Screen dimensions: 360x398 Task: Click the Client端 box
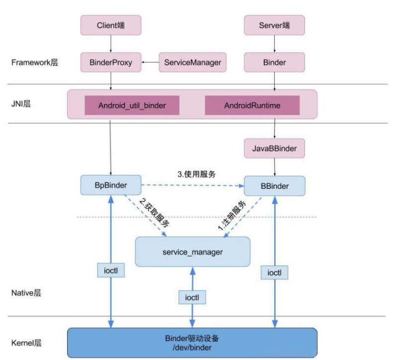[x=111, y=24]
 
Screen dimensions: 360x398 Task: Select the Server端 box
[x=274, y=24]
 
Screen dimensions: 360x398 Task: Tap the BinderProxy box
[x=111, y=63]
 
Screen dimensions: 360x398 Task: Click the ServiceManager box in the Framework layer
[x=192, y=63]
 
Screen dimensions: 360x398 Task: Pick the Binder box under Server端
[x=274, y=63]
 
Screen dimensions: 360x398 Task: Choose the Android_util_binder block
[x=132, y=106]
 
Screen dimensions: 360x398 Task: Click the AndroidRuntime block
[x=252, y=106]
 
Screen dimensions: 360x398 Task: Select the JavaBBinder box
[x=274, y=148]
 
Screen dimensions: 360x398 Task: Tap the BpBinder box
[x=111, y=185]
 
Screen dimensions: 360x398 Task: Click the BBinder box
[x=274, y=185]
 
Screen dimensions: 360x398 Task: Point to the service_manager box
[x=193, y=252]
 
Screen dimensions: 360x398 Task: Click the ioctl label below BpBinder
[x=111, y=271]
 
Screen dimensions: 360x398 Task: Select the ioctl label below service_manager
[x=192, y=297]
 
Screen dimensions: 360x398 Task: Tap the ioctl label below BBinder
[x=274, y=273]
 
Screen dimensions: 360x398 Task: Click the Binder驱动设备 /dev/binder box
[x=192, y=343]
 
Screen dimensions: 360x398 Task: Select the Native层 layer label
[x=26, y=293]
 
